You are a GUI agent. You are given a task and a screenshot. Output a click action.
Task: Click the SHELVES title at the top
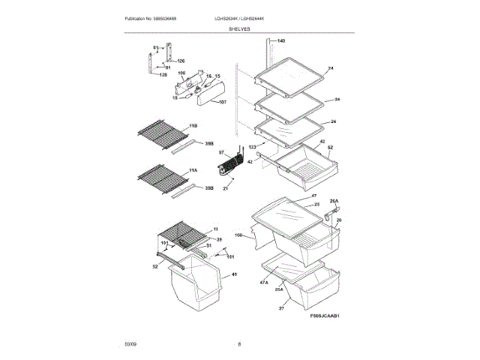coord(240,28)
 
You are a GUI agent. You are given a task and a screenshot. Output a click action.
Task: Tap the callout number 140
coord(281,40)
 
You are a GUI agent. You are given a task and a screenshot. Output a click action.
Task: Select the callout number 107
coord(223,102)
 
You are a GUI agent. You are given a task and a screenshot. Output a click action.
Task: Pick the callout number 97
coord(222,152)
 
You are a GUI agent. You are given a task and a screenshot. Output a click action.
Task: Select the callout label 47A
coord(264,283)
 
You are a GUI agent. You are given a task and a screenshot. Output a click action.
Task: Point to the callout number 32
coord(155,266)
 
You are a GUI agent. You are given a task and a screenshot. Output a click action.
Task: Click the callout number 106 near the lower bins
coord(238,235)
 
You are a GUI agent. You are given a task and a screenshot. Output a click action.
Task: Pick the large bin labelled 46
coord(196,289)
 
